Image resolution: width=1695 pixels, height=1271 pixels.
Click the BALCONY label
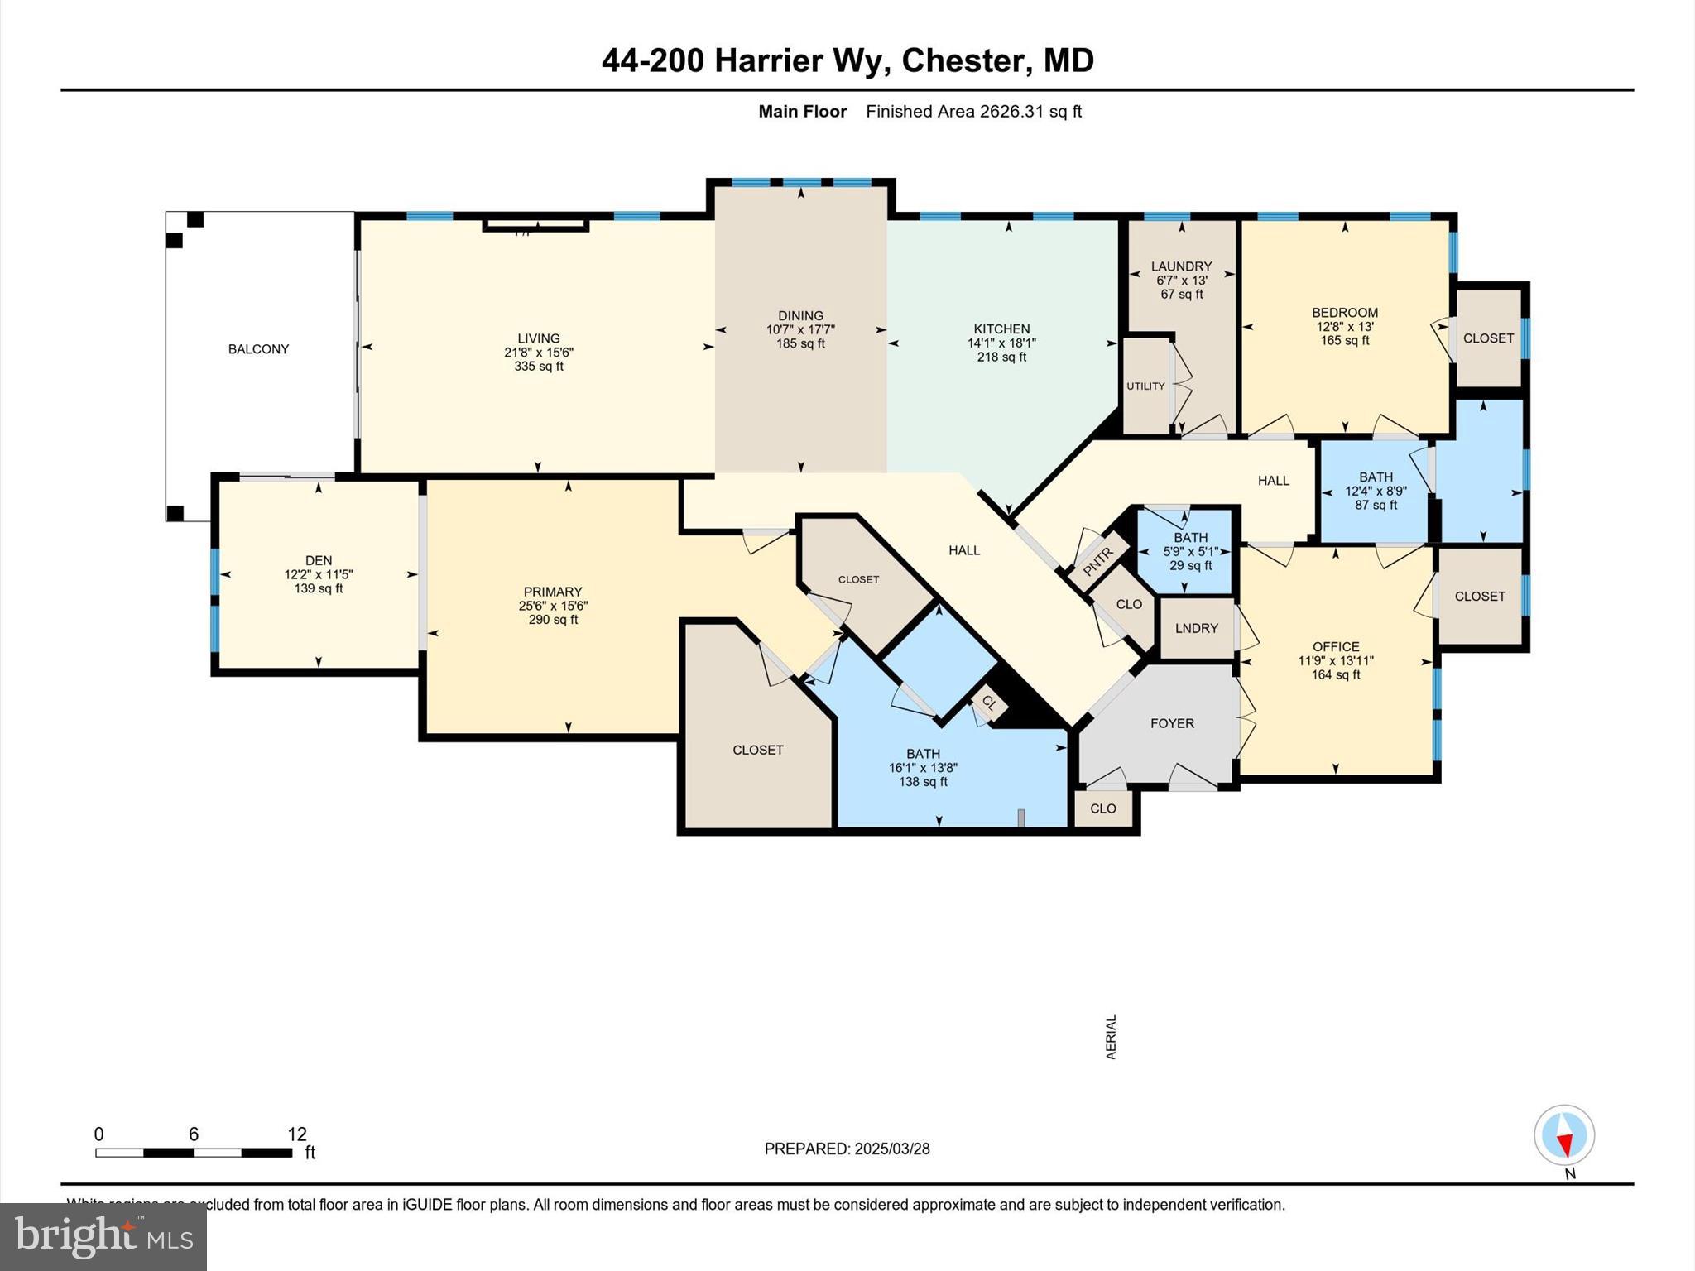pyautogui.click(x=258, y=349)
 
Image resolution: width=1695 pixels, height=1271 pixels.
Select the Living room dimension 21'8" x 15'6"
pyautogui.click(x=539, y=353)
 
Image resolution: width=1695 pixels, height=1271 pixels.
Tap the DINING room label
pyautogui.click(x=800, y=315)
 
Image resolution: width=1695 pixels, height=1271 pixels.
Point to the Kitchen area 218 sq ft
pyautogui.click(x=1001, y=357)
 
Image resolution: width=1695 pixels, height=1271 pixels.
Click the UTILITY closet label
pyautogui.click(x=1145, y=386)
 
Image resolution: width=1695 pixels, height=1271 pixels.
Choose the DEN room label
pyautogui.click(x=319, y=560)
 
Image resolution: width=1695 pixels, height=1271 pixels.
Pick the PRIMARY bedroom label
pyautogui.click(x=553, y=592)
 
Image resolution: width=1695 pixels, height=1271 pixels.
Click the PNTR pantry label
pyautogui.click(x=1099, y=563)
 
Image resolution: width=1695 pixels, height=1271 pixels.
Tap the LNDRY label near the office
pyautogui.click(x=1196, y=628)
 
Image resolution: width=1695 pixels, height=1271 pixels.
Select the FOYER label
pyautogui.click(x=1172, y=723)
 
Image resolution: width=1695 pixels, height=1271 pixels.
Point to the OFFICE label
pyautogui.click(x=1336, y=647)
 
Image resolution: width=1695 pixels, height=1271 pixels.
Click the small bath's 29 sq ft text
pyautogui.click(x=1190, y=566)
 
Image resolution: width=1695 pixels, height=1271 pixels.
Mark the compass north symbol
pyautogui.click(x=1564, y=1136)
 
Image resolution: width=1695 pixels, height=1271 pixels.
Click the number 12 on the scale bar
pyautogui.click(x=296, y=1134)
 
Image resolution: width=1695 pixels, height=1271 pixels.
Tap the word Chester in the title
pyautogui.click(x=963, y=60)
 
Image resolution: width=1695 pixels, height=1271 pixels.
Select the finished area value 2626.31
pyautogui.click(x=1011, y=112)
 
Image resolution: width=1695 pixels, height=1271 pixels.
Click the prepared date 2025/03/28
pyautogui.click(x=892, y=1149)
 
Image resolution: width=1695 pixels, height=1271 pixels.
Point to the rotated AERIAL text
pyautogui.click(x=1111, y=1037)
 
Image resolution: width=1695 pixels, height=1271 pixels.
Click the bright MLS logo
pyautogui.click(x=103, y=1236)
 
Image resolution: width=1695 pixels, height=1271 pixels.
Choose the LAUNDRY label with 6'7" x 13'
pyautogui.click(x=1181, y=266)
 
